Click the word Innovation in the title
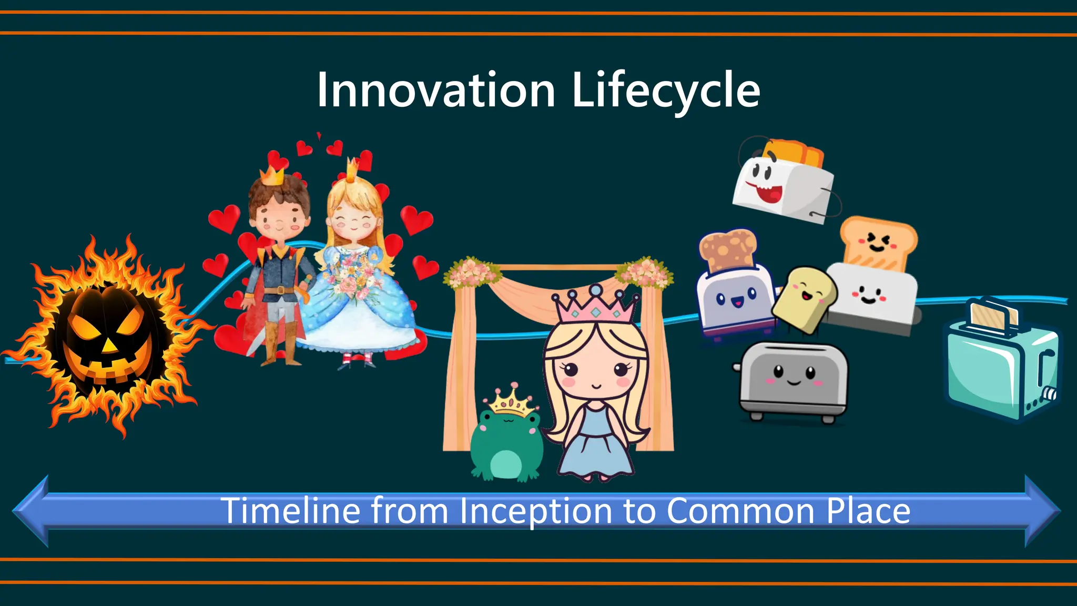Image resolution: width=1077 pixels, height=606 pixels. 436,90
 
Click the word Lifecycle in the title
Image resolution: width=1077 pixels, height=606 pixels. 666,90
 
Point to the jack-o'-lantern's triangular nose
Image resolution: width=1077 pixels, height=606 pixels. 109,345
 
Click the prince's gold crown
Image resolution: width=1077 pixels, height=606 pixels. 272,175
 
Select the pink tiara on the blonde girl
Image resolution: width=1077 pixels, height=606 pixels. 595,305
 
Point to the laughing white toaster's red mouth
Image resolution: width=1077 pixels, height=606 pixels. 769,192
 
